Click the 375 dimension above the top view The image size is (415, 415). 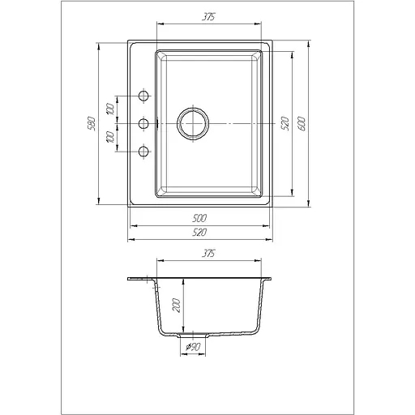(x=208, y=17)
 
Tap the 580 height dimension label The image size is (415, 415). (x=92, y=123)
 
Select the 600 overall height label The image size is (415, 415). (x=302, y=124)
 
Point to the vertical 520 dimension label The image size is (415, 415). (x=285, y=124)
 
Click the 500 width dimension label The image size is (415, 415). (x=199, y=218)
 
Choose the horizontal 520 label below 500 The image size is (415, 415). (x=199, y=232)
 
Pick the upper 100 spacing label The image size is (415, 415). (x=110, y=109)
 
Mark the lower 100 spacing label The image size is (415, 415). (x=110, y=137)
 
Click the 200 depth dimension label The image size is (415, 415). (x=176, y=306)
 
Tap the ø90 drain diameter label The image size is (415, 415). (x=193, y=347)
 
